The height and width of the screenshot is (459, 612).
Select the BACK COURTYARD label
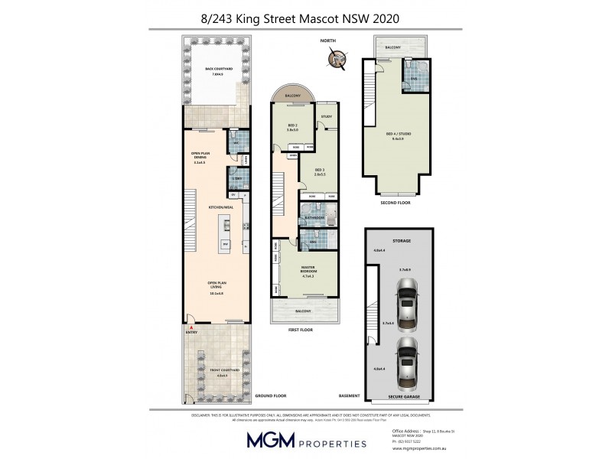[220, 70]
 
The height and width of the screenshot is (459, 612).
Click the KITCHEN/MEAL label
[221, 207]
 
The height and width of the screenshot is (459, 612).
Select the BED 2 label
[291, 127]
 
